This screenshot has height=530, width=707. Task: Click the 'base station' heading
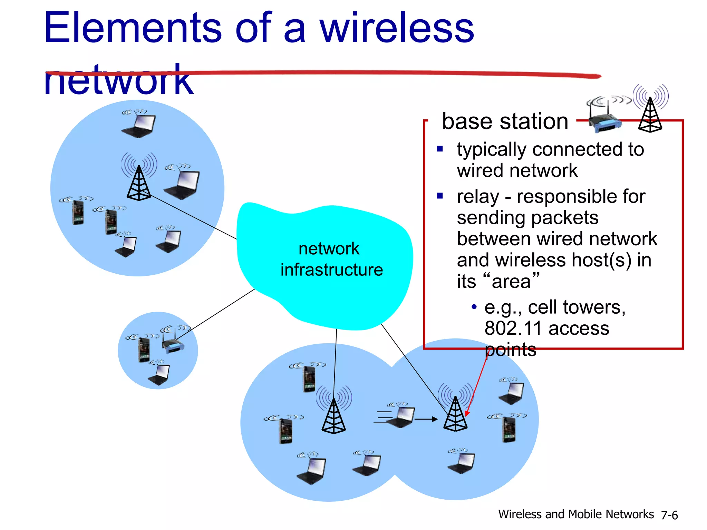click(505, 121)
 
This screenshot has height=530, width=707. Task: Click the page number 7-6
click(669, 515)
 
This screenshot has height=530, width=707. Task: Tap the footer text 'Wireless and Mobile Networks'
click(576, 514)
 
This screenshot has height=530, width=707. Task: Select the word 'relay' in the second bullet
click(478, 197)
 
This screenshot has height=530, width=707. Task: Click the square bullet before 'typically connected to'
click(440, 149)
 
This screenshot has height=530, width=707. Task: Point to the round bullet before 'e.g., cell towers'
click(474, 306)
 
